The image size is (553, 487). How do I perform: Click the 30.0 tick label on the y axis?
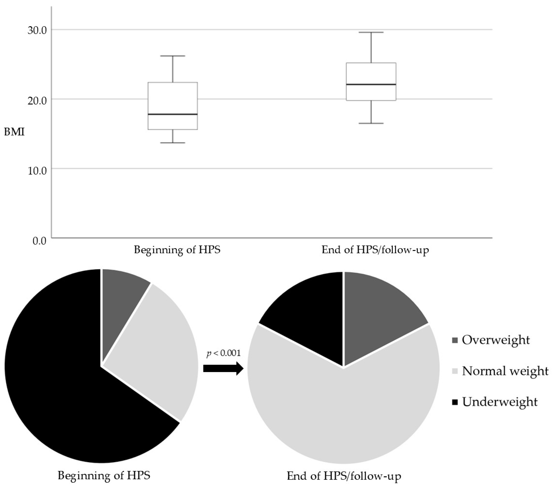pyautogui.click(x=37, y=30)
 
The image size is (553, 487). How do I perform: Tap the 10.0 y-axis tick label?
pyautogui.click(x=37, y=171)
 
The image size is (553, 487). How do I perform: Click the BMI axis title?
pyautogui.click(x=14, y=132)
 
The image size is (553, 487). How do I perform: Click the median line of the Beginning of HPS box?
pyautogui.click(x=173, y=114)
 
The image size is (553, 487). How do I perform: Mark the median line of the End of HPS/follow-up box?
pyautogui.click(x=371, y=84)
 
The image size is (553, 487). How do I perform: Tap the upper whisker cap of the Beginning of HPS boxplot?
pyautogui.click(x=173, y=56)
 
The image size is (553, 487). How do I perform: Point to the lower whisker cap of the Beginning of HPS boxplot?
pyautogui.click(x=173, y=143)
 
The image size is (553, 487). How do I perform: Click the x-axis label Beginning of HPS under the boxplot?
pyautogui.click(x=177, y=250)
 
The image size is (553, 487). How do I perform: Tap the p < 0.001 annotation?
pyautogui.click(x=224, y=353)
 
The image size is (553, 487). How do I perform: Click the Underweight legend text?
pyautogui.click(x=500, y=402)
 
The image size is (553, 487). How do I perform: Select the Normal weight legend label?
pyautogui.click(x=505, y=371)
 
